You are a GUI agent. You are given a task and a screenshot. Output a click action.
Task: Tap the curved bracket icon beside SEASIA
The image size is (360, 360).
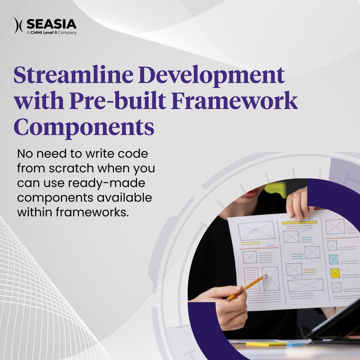click(x=18, y=25)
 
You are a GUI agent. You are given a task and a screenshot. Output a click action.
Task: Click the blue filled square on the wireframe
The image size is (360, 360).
click(x=333, y=259)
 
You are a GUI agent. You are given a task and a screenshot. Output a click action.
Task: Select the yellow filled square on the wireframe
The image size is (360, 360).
click(x=335, y=273)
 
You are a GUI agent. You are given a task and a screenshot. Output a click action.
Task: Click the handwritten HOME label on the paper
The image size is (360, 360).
click(x=272, y=246)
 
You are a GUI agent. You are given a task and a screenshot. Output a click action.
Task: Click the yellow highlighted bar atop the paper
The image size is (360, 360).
click(x=299, y=222)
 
